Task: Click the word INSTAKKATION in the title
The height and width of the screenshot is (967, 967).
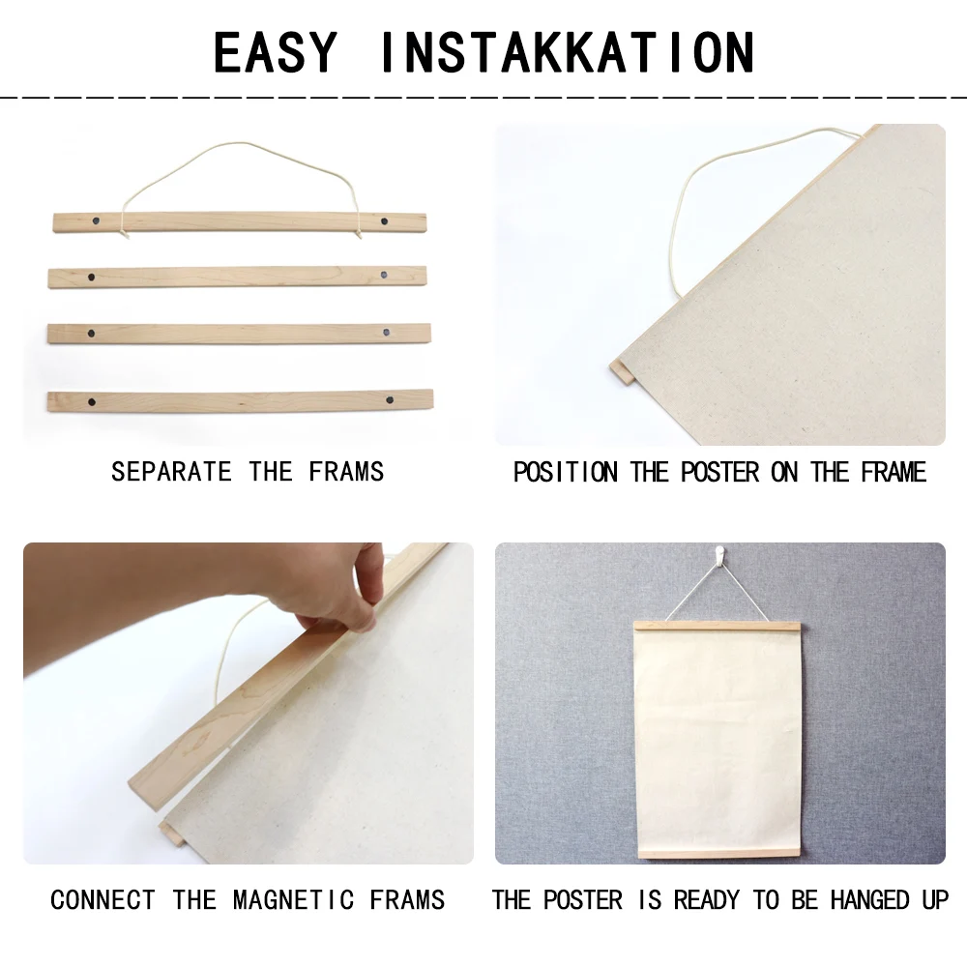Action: pos(567,53)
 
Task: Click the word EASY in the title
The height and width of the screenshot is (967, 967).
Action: pos(276,53)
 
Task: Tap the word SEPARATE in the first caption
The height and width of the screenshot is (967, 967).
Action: pos(171,472)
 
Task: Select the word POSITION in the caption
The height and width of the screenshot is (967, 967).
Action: pos(566,472)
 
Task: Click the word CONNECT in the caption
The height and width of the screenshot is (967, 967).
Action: pos(103,900)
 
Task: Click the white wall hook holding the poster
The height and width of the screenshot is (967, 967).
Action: pos(717,555)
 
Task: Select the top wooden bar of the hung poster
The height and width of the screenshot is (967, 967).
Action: pos(717,627)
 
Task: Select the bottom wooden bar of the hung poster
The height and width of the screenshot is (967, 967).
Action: pos(717,853)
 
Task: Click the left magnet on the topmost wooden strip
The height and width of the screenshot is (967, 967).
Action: pos(96,222)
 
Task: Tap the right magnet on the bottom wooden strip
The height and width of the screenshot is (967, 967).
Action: pos(387,398)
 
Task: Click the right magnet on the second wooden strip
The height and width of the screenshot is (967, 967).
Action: pos(384,276)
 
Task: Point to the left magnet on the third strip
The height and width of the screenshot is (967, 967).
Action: pos(91,333)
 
